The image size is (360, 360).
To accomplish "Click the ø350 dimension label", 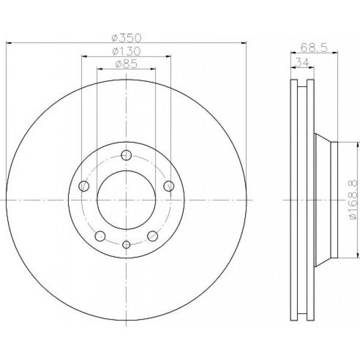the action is [126, 38].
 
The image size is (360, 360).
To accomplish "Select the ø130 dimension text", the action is [126, 51].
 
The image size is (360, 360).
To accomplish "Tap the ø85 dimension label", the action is [126, 64].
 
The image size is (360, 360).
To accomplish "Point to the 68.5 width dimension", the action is [314, 48].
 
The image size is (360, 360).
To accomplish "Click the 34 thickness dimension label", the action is [302, 62].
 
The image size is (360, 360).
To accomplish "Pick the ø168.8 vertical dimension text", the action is [353, 199].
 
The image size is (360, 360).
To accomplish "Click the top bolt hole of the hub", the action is [126, 155].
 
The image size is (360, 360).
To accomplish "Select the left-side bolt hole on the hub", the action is [84, 186].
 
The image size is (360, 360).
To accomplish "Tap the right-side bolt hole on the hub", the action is [169, 186].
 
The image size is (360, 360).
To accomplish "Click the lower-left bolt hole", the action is [100, 236].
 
